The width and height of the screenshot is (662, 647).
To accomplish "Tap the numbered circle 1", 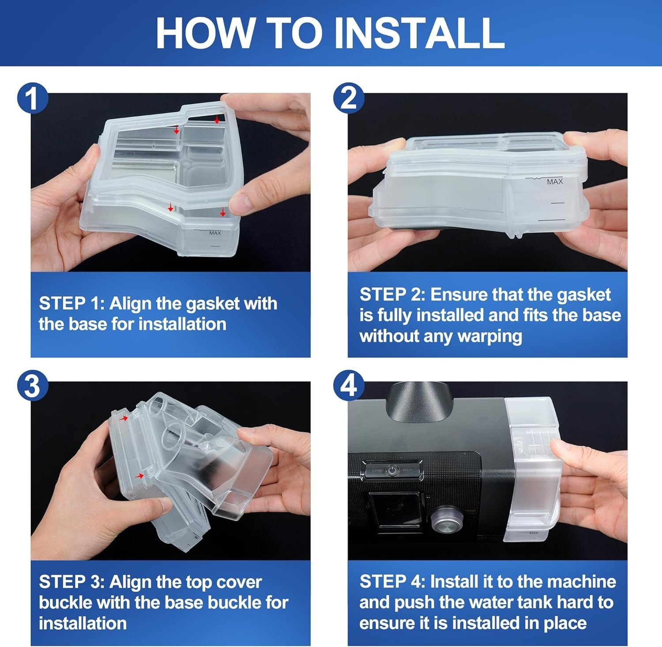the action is (32, 99).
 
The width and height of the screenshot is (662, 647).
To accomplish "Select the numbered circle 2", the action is (349, 98).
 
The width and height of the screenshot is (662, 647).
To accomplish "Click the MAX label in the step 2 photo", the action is (555, 181).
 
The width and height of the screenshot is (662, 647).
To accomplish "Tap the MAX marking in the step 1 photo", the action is (215, 233).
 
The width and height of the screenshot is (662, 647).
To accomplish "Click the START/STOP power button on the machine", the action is (392, 470).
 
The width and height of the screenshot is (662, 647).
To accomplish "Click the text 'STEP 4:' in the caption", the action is (392, 582).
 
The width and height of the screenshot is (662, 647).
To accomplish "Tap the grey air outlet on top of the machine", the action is (419, 402).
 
